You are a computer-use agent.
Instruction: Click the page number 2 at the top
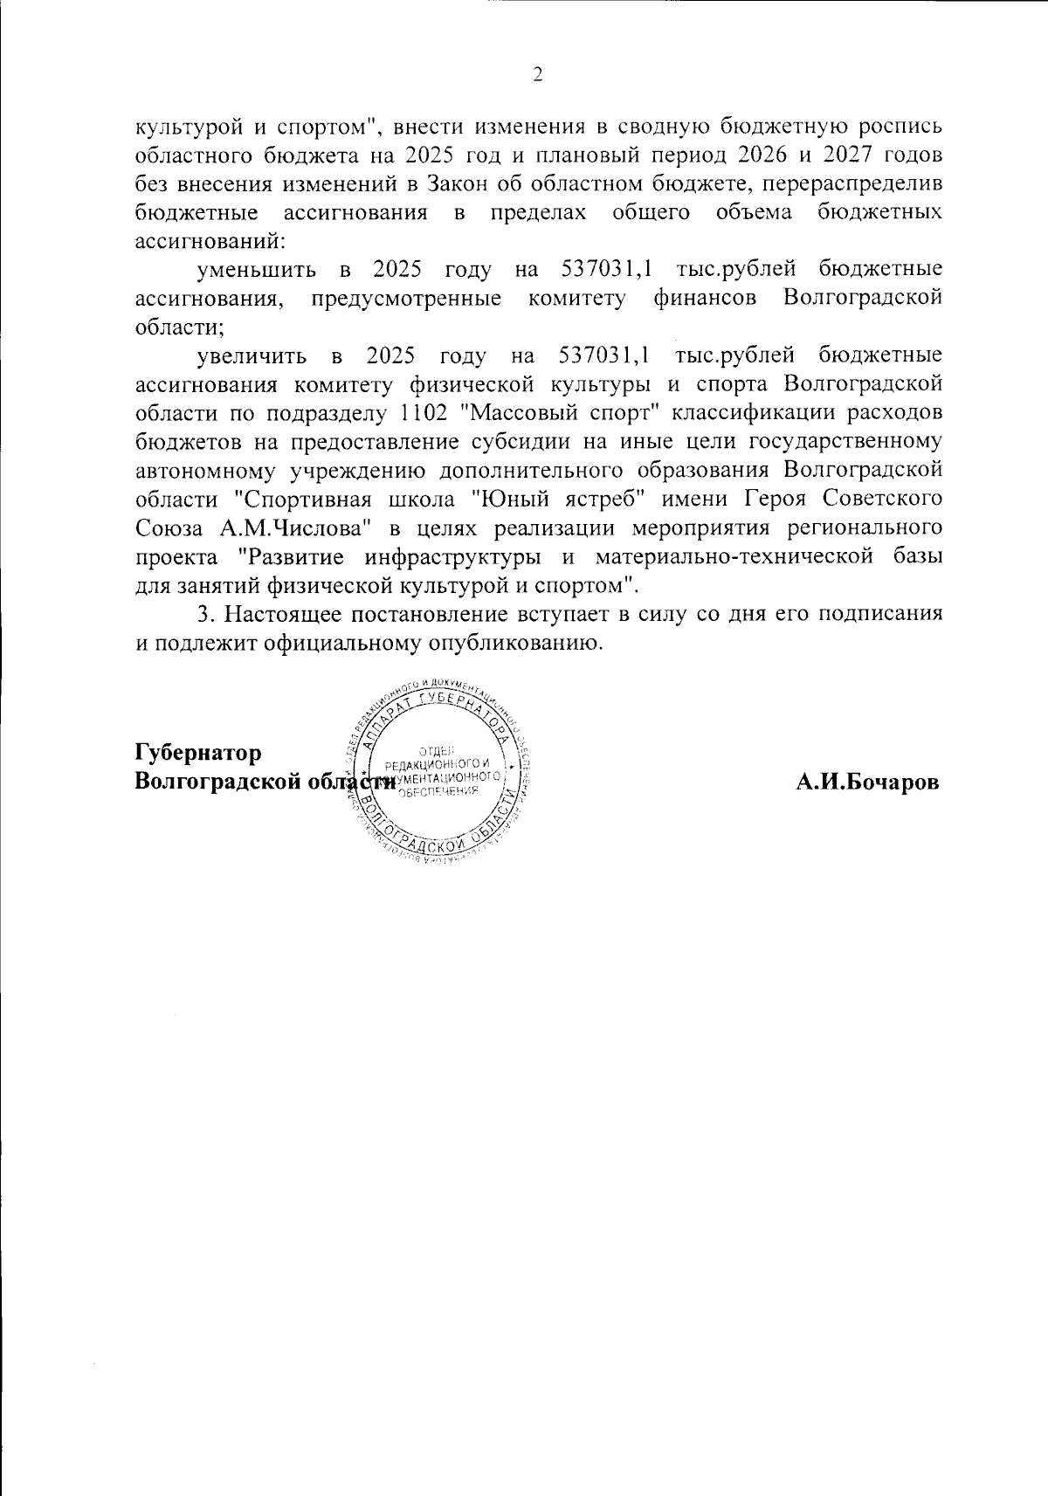(538, 75)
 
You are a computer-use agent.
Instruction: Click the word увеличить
(252, 355)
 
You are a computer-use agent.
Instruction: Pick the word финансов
(706, 298)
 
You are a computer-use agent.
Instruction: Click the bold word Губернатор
(198, 753)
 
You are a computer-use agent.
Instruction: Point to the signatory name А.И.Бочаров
(867, 782)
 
